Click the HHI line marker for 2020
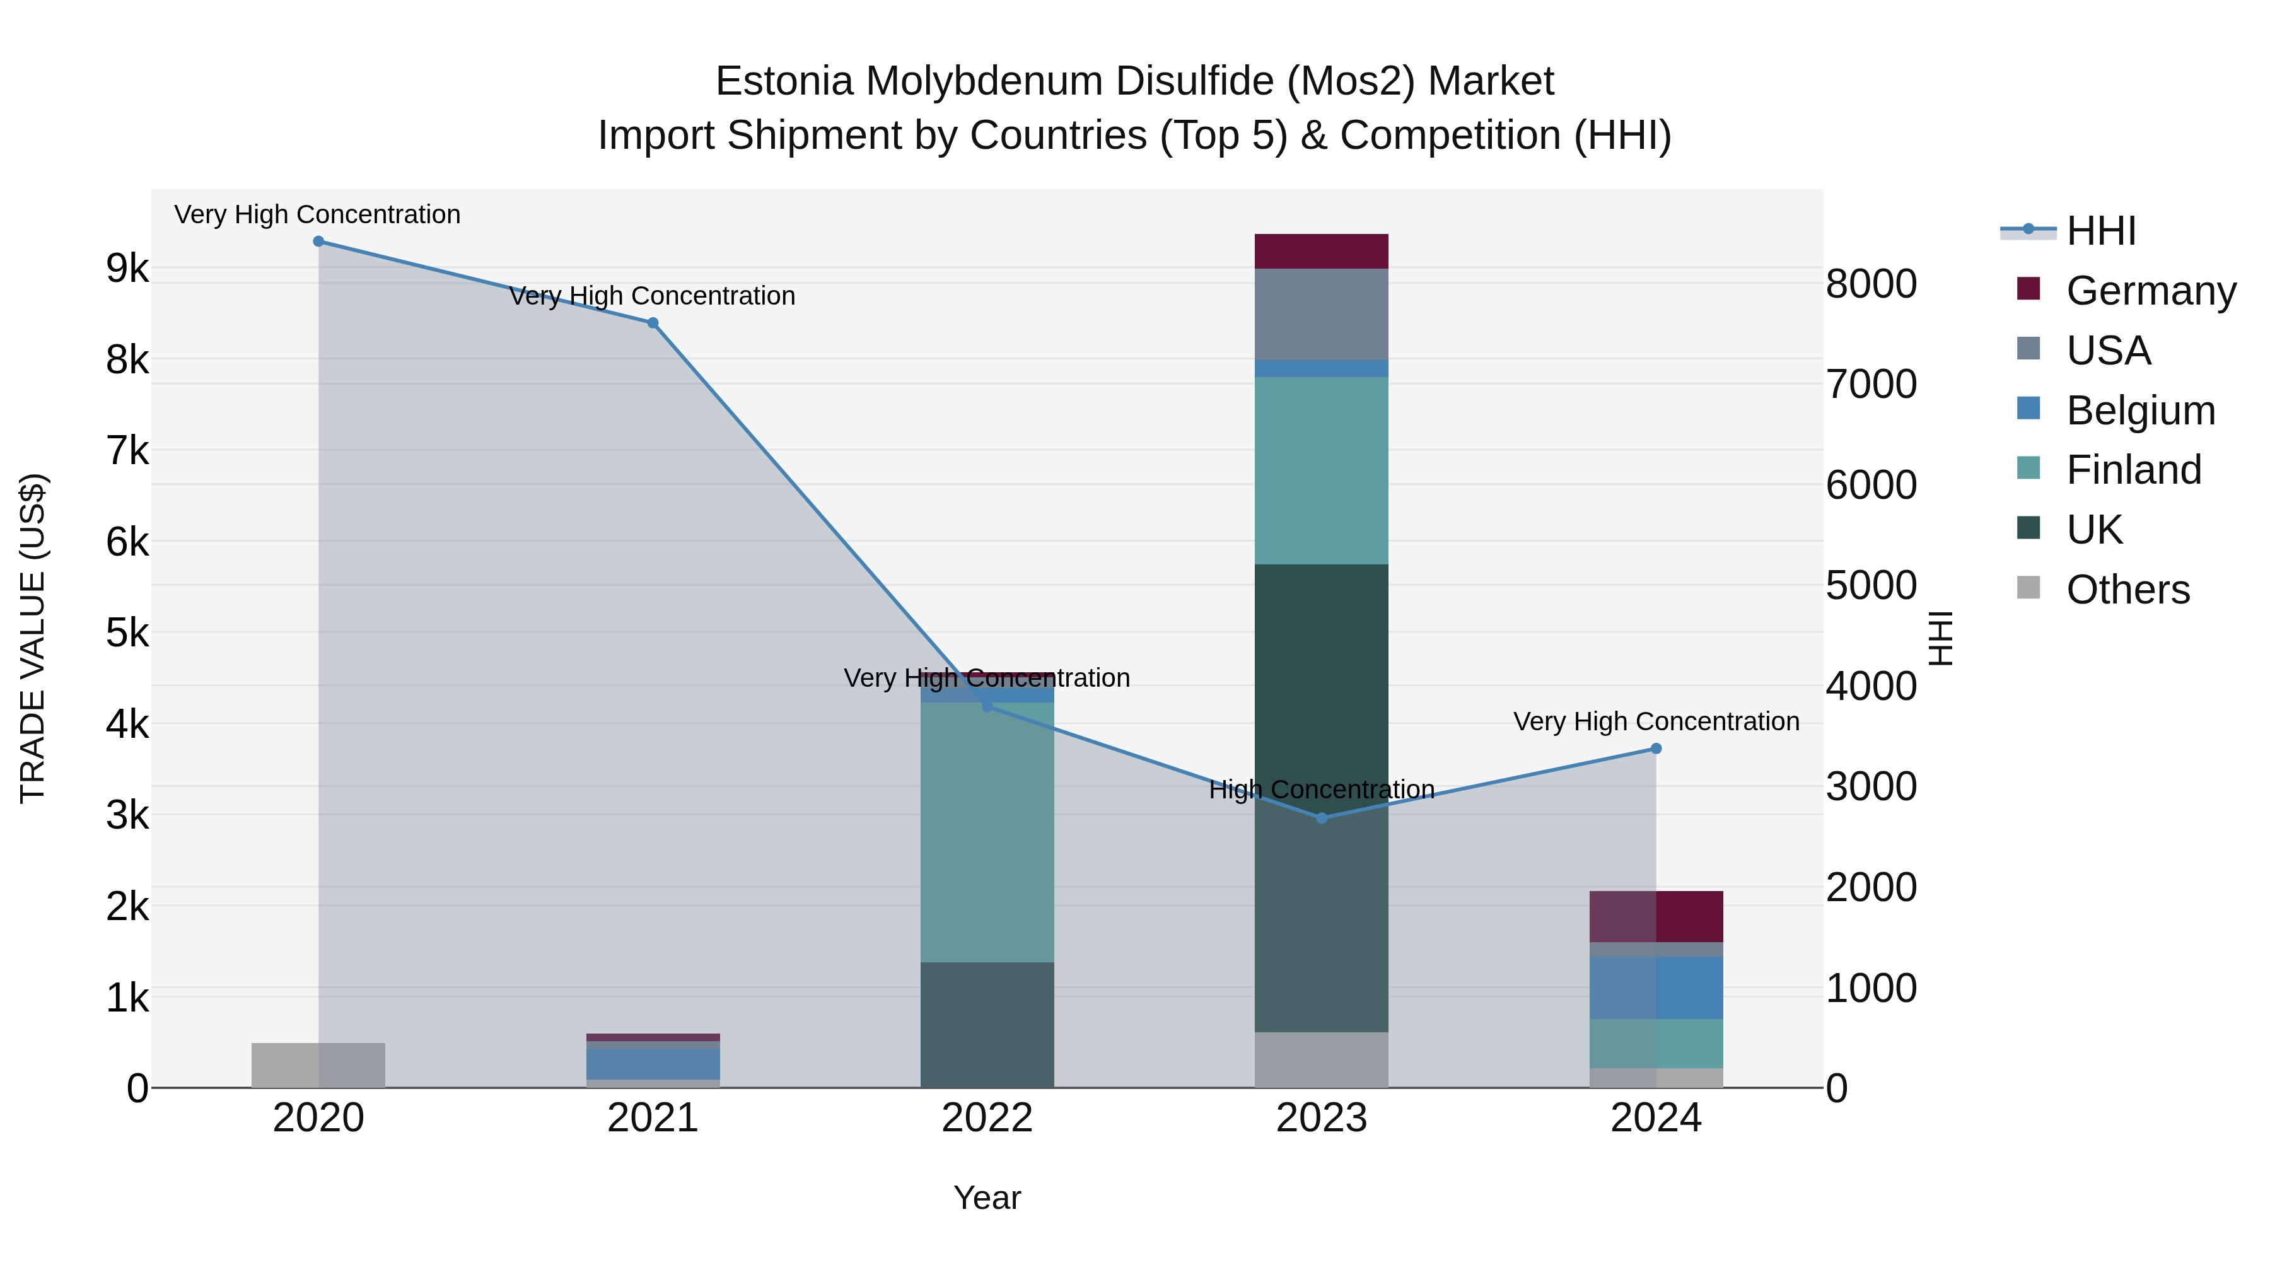pos(318,242)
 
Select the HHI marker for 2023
pos(1321,818)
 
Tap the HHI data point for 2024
pos(1655,748)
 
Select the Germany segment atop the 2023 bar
pos(1321,251)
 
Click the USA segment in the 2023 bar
pos(1321,314)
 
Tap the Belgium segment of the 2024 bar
pos(1655,987)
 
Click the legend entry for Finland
pos(2132,470)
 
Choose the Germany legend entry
pos(2150,291)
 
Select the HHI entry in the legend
pos(2099,231)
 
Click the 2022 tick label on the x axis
pos(987,1118)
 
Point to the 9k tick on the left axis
pos(127,268)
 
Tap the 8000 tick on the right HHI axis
pos(1870,284)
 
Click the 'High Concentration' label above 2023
pos(1321,790)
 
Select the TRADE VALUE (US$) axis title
pos(33,638)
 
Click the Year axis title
pos(987,1198)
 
